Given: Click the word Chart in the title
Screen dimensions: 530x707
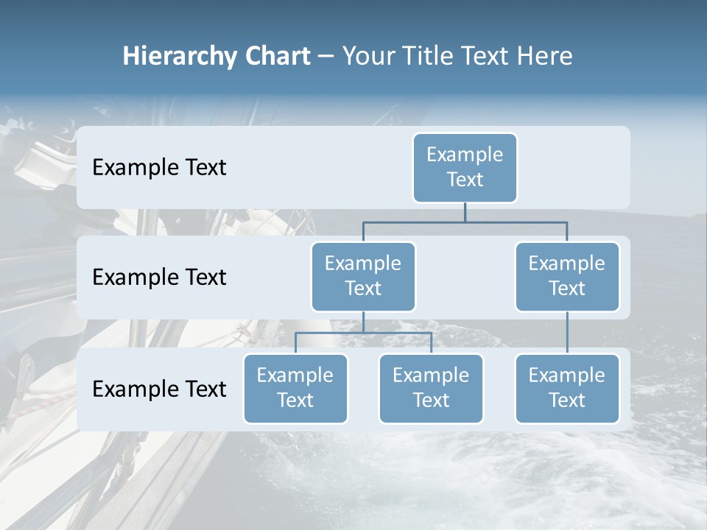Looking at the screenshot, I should coord(275,56).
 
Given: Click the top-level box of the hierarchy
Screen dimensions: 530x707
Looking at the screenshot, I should coord(465,167).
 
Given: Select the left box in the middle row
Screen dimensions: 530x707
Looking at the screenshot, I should coord(363,276).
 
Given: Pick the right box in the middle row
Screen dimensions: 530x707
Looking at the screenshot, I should coord(567,276).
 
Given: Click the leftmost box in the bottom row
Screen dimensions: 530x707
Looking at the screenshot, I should coord(295,388).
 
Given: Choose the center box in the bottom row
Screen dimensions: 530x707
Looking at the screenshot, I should coord(431,388).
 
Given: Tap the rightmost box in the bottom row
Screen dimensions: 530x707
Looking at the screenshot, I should coord(567,388).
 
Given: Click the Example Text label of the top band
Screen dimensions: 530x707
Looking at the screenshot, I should coord(159,167).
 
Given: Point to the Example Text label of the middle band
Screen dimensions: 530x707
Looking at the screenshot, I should coord(159,277).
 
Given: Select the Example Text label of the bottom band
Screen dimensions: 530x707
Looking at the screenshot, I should coord(159,389).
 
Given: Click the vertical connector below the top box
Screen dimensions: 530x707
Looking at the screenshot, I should coord(465,212).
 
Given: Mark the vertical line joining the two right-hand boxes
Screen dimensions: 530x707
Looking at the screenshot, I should coord(567,333).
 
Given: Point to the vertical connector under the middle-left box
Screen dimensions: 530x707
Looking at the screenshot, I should coord(363,322).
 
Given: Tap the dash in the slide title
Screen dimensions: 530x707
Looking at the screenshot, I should coord(326,56).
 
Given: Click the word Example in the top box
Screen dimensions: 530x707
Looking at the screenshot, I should coord(465,155).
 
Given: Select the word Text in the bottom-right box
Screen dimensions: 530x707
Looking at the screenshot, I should coord(567,400).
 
